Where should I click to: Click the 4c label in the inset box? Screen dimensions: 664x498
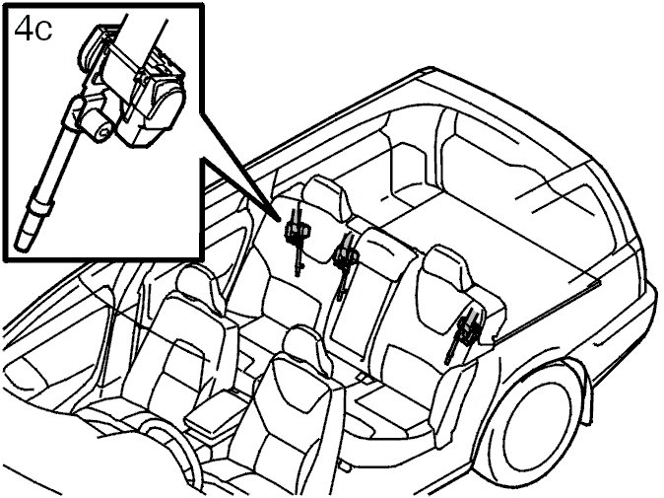(33, 30)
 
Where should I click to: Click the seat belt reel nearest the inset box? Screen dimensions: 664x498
(299, 240)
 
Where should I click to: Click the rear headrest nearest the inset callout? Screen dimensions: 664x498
(325, 198)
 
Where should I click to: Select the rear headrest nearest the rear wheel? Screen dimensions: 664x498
(445, 268)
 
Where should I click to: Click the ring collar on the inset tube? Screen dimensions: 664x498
(40, 206)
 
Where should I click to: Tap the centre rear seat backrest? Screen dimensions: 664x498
(372, 293)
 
